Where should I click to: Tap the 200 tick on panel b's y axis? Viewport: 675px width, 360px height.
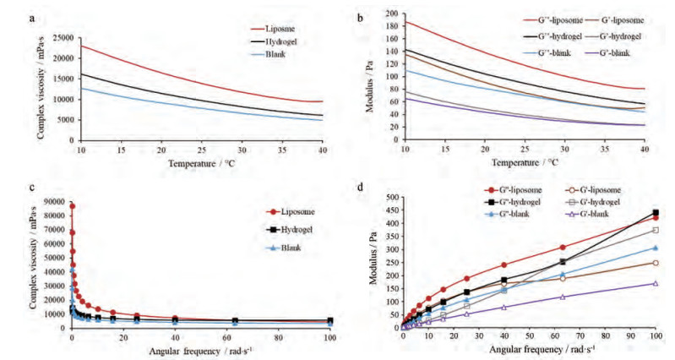pyautogui.click(x=390, y=12)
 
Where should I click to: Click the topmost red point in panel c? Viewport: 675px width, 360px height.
pyautogui.click(x=72, y=205)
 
